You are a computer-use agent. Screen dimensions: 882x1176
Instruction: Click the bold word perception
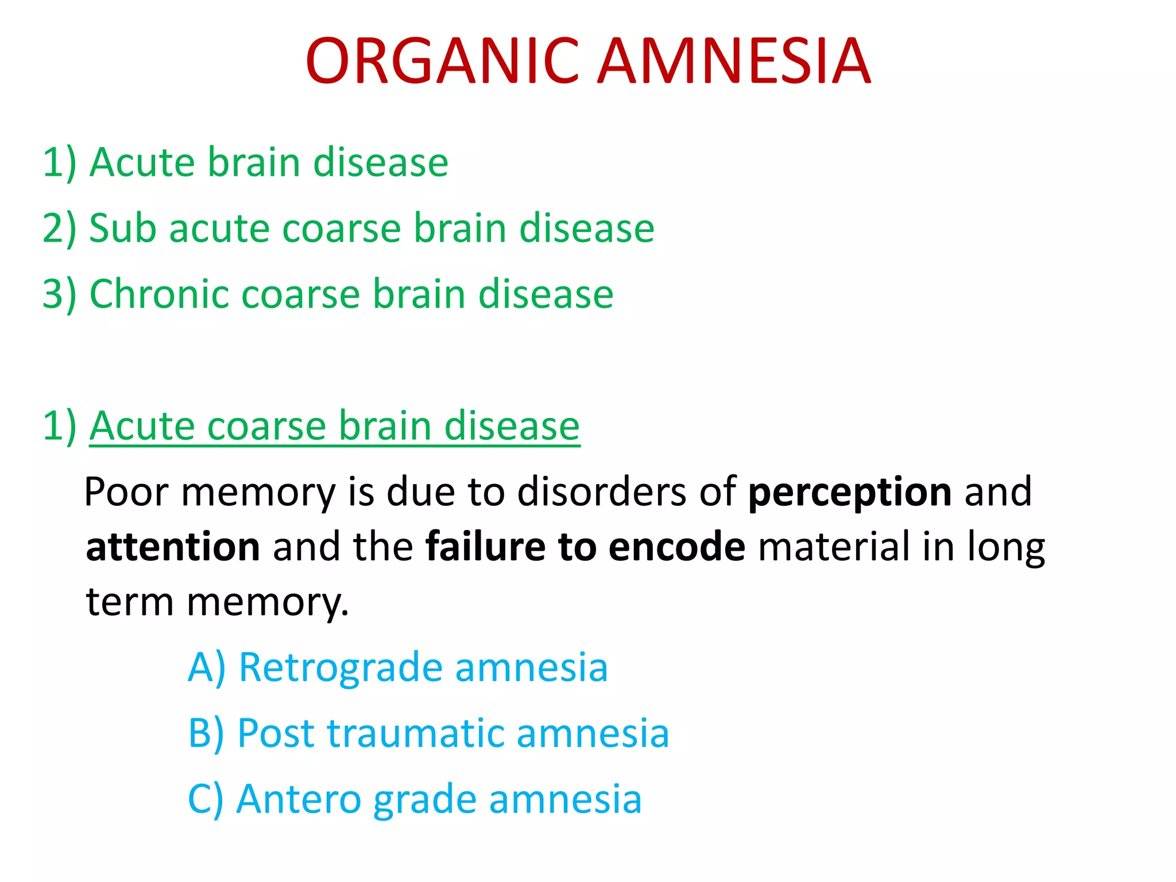850,493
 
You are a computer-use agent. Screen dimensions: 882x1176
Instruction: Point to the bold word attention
173,547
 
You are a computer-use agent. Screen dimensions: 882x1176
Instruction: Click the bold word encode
677,547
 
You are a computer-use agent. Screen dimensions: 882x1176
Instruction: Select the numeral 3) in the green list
59,294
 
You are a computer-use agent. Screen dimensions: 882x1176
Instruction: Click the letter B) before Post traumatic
206,734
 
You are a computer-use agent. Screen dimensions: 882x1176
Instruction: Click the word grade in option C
425,799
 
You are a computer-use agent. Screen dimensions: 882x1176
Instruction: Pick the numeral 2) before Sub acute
59,229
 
